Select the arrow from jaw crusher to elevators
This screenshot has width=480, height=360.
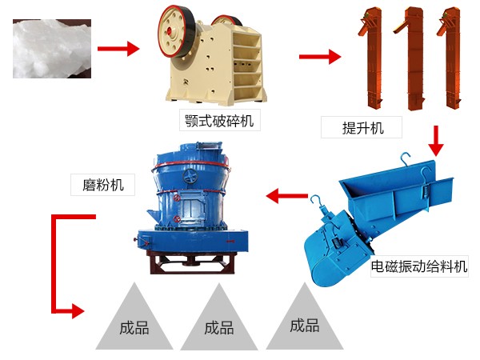[x=319, y=57]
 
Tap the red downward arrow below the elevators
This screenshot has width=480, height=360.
[x=436, y=140]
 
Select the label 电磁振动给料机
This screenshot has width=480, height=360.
[x=419, y=266]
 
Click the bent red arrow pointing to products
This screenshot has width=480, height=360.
[x=60, y=264]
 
